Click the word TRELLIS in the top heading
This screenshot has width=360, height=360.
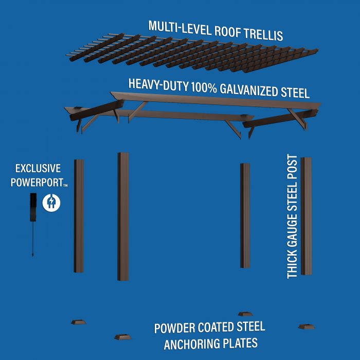[x=263, y=34]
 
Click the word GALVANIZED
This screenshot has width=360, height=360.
[x=249, y=90]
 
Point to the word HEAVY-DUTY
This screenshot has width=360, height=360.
[x=158, y=84]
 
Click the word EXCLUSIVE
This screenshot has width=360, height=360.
[x=38, y=169]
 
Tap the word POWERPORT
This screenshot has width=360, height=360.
[x=37, y=183]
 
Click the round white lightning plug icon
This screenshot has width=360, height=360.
[x=51, y=203]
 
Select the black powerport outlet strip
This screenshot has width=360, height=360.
[x=33, y=207]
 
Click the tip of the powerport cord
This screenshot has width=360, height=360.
[x=33, y=255]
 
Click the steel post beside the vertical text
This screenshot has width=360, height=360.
[x=306, y=216]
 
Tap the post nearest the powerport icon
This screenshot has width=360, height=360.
[x=79, y=216]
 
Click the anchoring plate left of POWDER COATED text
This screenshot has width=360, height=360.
[x=123, y=337]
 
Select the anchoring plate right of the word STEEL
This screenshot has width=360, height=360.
[x=307, y=327]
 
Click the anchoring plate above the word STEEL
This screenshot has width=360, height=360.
[x=245, y=314]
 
